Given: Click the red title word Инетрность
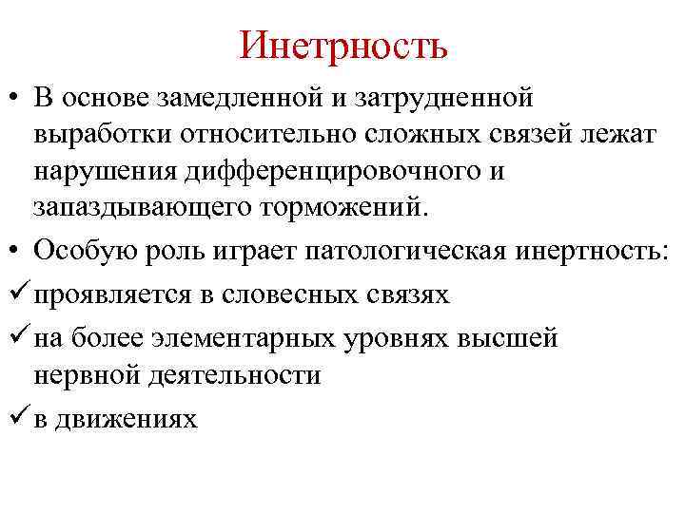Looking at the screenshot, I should tap(343, 45).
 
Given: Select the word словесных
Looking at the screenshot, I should tap(292, 294).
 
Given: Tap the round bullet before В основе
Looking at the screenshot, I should tap(17, 98).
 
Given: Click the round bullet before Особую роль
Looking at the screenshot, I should tap(17, 250).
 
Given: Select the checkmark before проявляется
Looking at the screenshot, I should tap(18, 293).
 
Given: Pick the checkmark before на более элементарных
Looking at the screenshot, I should tap(18, 336).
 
